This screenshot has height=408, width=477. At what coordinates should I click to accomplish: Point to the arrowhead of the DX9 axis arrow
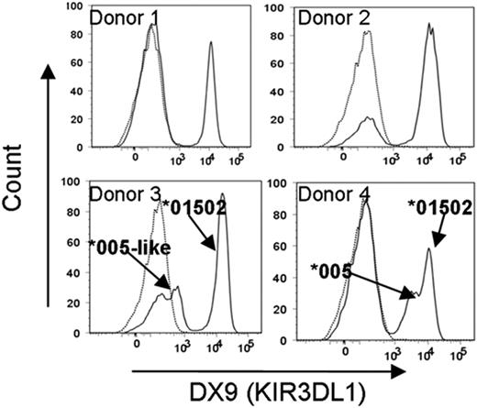click(401, 370)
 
